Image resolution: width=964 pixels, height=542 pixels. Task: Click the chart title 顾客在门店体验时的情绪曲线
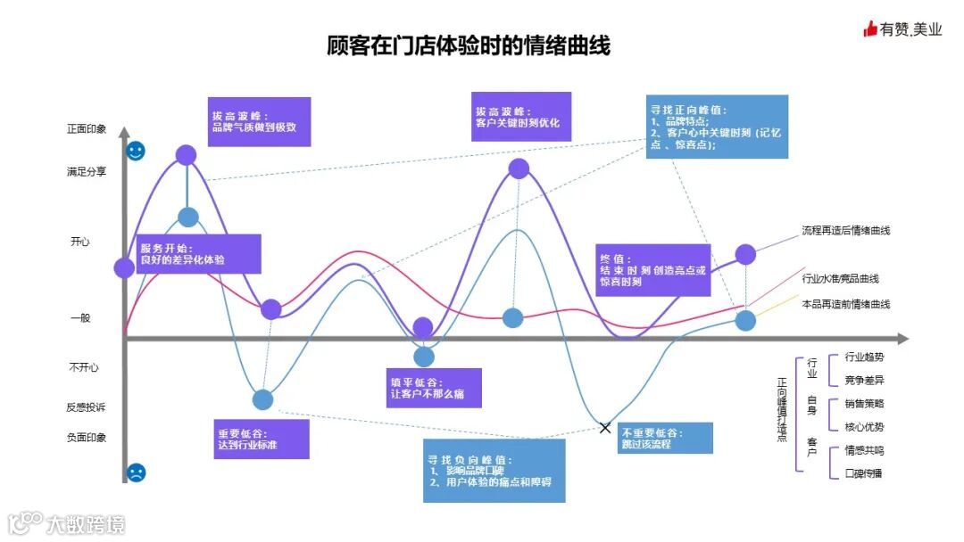click(469, 45)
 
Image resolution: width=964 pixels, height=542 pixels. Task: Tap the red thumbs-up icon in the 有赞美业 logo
click(870, 29)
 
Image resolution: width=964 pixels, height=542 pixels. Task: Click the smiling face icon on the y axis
click(136, 151)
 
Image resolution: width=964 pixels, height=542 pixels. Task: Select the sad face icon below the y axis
click(136, 473)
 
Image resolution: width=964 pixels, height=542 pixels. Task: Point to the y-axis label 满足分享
click(87, 172)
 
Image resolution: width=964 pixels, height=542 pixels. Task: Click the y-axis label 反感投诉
click(87, 407)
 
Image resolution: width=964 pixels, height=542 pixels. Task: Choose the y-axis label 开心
click(80, 242)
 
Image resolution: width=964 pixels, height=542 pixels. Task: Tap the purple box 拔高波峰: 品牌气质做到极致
click(259, 121)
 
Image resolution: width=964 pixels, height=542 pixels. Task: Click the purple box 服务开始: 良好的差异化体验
click(198, 253)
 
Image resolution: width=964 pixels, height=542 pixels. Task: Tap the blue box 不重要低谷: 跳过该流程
click(665, 438)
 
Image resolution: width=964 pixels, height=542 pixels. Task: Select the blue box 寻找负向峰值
click(494, 470)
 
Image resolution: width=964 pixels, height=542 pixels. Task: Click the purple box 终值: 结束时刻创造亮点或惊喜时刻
click(653, 269)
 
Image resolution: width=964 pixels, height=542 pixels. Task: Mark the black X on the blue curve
click(605, 428)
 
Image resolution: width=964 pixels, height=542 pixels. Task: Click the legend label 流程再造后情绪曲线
click(845, 231)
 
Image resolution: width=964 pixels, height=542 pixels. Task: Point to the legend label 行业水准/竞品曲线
click(840, 279)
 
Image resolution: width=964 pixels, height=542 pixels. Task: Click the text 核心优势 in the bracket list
click(864, 427)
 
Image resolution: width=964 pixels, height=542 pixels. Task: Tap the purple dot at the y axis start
click(125, 267)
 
